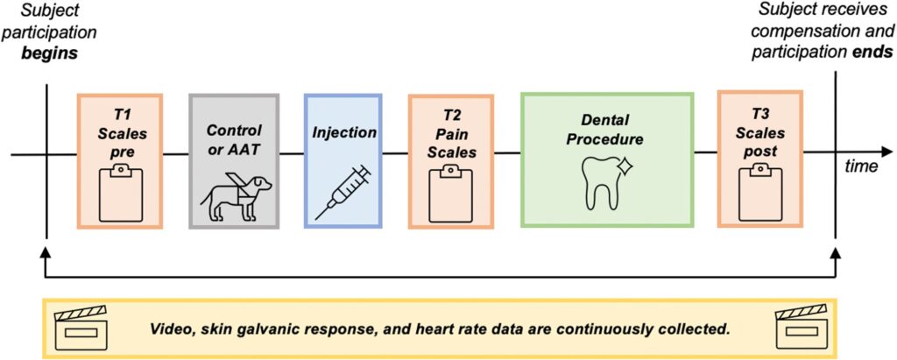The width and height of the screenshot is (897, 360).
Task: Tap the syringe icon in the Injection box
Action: pyautogui.click(x=342, y=190)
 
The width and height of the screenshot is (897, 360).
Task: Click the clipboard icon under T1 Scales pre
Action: pyautogui.click(x=120, y=194)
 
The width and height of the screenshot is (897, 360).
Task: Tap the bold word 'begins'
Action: pyautogui.click(x=52, y=53)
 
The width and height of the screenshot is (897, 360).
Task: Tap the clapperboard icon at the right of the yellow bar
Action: pyautogui.click(x=803, y=328)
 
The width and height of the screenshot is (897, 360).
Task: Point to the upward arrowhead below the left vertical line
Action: pyautogui.click(x=45, y=253)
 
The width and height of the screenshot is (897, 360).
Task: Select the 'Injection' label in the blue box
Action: pyautogui.click(x=344, y=133)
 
